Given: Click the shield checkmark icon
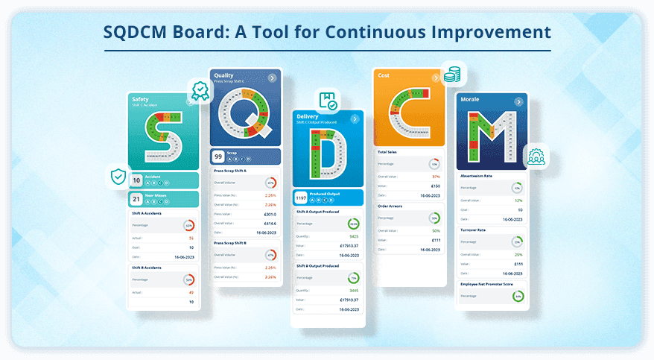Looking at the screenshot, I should [118, 177].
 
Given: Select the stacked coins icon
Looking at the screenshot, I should [451, 75].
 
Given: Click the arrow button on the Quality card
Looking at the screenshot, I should [273, 78].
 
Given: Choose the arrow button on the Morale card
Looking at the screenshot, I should [520, 101].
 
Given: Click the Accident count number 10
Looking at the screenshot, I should [136, 180].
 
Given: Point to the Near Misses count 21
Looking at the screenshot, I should [136, 199].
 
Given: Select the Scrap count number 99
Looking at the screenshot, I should [218, 157].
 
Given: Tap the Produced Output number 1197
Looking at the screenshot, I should [300, 198].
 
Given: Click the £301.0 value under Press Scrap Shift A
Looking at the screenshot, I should [270, 214].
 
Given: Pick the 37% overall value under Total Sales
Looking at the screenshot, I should [435, 177].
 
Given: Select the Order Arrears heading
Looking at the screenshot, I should [391, 206].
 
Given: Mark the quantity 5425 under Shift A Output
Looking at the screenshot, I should [354, 236].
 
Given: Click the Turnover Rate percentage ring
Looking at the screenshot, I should [517, 241].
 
